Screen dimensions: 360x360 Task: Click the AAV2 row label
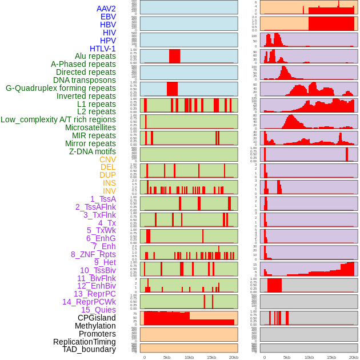click(106, 9)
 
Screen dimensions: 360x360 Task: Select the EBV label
click(108, 17)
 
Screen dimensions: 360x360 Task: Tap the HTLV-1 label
click(103, 49)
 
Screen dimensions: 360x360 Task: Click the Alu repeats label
click(95, 56)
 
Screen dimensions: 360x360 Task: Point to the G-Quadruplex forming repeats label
click(61, 88)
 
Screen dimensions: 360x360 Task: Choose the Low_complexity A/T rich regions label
click(58, 119)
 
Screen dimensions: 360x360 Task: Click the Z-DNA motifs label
click(92, 151)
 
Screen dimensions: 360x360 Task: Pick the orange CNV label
click(107, 159)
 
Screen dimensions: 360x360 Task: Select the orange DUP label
click(107, 175)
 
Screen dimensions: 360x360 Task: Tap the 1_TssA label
click(103, 199)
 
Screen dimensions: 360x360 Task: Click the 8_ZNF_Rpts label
click(93, 254)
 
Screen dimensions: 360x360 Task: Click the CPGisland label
click(97, 318)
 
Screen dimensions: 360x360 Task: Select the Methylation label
click(95, 326)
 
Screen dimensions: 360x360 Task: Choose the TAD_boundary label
click(89, 349)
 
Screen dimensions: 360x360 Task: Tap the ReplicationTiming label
click(84, 342)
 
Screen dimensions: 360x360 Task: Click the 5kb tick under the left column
click(167, 357)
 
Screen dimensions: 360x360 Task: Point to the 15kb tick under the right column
click(331, 357)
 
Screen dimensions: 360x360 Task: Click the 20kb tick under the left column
click(234, 357)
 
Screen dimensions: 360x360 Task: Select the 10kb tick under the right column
click(309, 357)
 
